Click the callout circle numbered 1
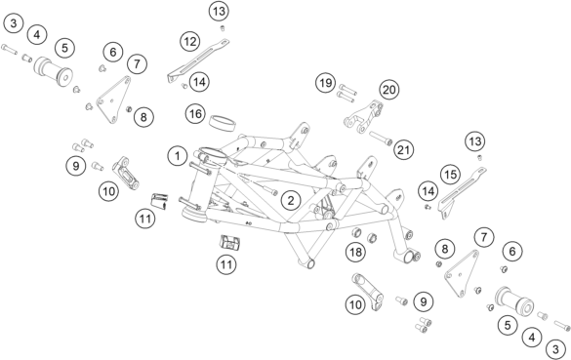[178, 156]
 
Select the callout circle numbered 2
[291, 200]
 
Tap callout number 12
[190, 41]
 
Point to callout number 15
[451, 175]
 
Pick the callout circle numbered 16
[195, 113]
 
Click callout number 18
[356, 252]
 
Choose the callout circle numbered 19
[326, 83]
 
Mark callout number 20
[389, 89]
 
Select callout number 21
[403, 149]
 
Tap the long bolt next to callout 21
[381, 139]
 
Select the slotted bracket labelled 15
[463, 192]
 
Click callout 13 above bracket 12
[219, 12]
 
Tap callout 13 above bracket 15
[475, 141]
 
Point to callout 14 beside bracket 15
[428, 191]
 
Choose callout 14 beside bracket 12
[199, 82]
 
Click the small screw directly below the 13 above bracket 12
[222, 28]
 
